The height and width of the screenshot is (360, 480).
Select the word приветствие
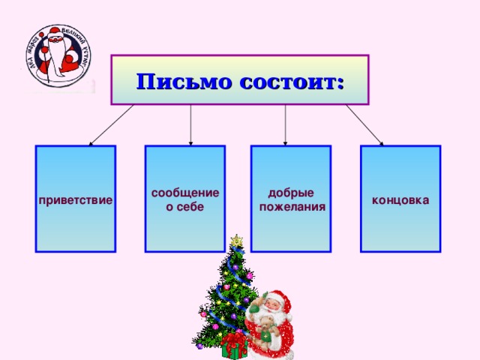pyautogui.click(x=75, y=201)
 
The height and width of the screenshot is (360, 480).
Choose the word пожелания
pyautogui.click(x=291, y=206)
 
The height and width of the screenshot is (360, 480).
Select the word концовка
pyautogui.click(x=400, y=200)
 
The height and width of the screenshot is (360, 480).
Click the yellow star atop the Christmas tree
pyautogui.click(x=237, y=241)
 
